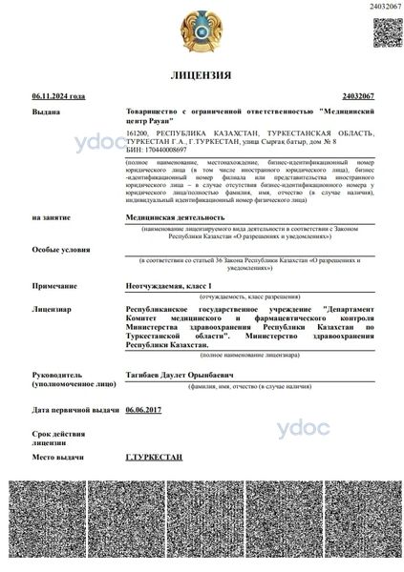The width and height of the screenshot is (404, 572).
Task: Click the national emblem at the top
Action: (202, 31)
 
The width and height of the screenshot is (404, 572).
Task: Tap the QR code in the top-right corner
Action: (387, 31)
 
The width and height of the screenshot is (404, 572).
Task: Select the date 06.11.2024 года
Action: (58, 96)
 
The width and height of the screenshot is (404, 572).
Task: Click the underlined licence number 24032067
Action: (357, 96)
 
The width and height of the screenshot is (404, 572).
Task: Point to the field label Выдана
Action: (46, 112)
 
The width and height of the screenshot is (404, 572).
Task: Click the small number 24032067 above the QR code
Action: (385, 7)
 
